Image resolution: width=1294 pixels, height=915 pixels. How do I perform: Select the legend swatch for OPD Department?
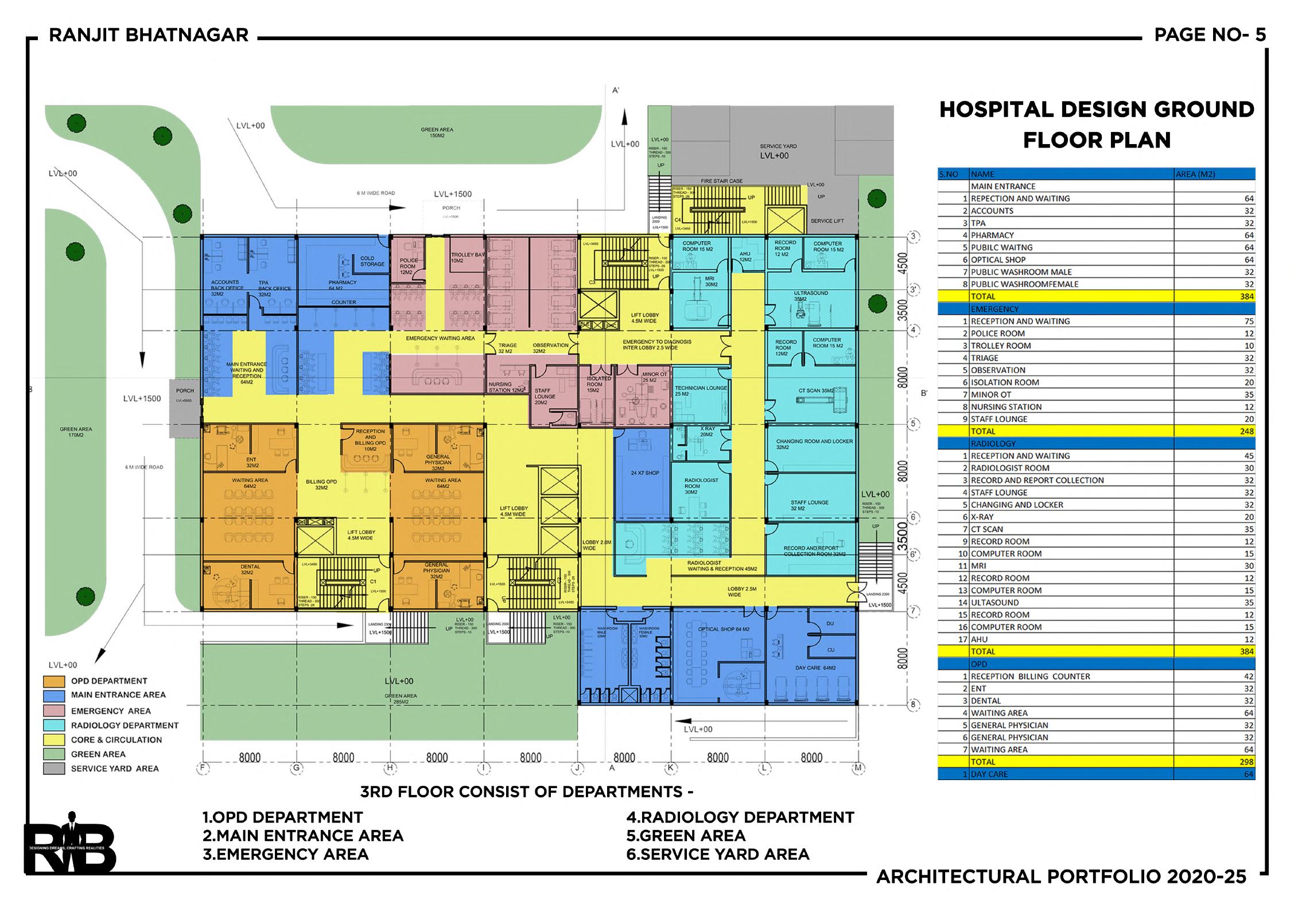(53, 681)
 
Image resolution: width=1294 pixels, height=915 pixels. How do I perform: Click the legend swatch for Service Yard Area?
(53, 769)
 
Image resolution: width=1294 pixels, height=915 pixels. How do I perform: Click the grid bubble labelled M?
(858, 767)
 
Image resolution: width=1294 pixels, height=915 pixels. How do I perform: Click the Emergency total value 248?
(1246, 431)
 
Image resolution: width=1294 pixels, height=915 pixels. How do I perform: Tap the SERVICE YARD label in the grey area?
(778, 146)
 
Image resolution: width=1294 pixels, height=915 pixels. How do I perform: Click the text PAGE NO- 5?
(1210, 35)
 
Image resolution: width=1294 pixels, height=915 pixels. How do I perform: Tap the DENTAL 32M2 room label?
(250, 569)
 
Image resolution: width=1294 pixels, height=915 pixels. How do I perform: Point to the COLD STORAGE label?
(372, 261)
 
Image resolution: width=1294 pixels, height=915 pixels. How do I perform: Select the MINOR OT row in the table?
(990, 394)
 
